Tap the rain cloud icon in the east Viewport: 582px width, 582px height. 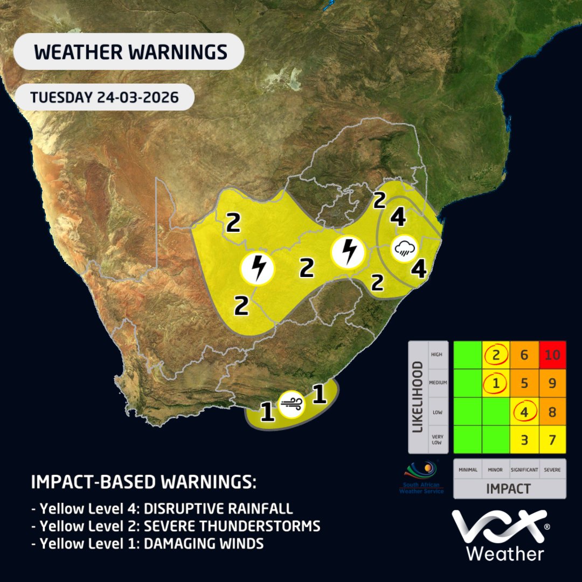(404, 248)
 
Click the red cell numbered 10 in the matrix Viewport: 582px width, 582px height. (552, 355)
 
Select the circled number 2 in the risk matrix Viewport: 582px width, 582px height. (495, 355)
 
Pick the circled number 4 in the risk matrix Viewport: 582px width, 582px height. (523, 411)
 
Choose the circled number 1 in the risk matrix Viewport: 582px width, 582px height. (495, 383)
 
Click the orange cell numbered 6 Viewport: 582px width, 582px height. (523, 355)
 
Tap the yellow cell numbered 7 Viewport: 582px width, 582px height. (552, 439)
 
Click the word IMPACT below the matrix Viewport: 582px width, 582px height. (509, 489)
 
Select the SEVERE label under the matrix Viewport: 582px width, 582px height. (552, 470)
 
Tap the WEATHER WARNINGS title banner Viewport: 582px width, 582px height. (129, 52)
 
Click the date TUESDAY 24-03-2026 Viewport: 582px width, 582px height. (104, 98)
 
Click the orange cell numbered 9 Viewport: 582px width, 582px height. (552, 383)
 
